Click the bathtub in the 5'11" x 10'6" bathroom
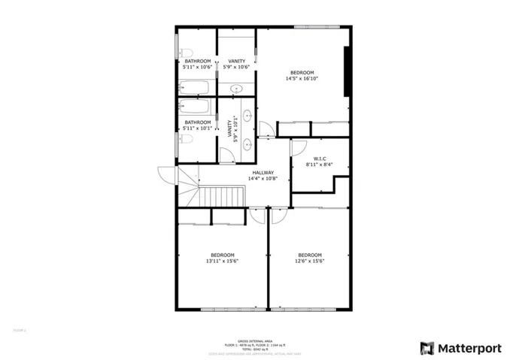pyautogui.click(x=197, y=87)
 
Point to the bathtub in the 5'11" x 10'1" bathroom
pyautogui.click(x=197, y=107)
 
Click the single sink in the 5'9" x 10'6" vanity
pyautogui.click(x=236, y=88)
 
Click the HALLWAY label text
pyautogui.click(x=263, y=172)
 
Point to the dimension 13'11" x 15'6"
pyautogui.click(x=221, y=261)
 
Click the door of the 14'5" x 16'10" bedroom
pyautogui.click(x=266, y=129)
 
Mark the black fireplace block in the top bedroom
pyautogui.click(x=347, y=71)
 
